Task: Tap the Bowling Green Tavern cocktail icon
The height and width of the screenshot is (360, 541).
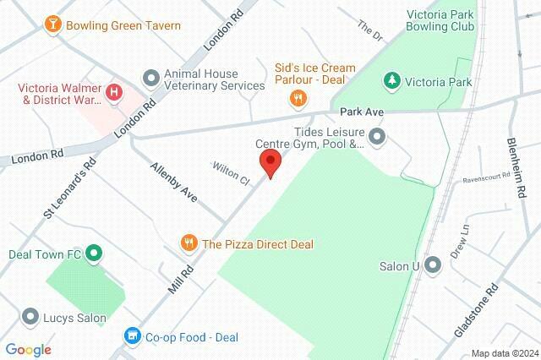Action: click(53, 25)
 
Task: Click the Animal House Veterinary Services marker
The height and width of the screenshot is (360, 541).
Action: click(151, 78)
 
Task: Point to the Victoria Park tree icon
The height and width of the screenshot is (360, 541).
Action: click(391, 81)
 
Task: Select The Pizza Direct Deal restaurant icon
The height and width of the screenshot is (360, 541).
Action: click(189, 244)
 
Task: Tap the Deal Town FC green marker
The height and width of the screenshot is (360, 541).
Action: click(95, 253)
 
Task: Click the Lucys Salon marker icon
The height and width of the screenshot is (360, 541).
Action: click(30, 318)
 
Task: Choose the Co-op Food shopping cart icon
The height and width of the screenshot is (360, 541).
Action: click(132, 336)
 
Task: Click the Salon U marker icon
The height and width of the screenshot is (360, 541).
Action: click(433, 266)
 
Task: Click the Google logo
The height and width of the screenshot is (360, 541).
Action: click(28, 349)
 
